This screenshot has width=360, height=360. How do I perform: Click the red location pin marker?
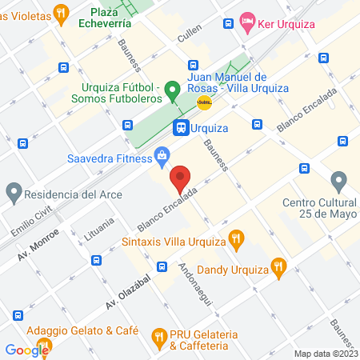pyautogui.click(x=181, y=178)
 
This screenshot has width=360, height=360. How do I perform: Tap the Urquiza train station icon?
pyautogui.click(x=181, y=127)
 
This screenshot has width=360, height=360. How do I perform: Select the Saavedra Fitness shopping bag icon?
pyautogui.click(x=162, y=154)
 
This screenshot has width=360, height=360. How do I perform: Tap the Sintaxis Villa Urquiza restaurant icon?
pyautogui.click(x=235, y=238)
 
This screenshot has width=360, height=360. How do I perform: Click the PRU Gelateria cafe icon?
pyautogui.click(x=158, y=334)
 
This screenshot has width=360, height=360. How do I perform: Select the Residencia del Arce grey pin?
pyautogui.click(x=14, y=193)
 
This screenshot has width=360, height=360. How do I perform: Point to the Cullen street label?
pyautogui.click(x=190, y=34)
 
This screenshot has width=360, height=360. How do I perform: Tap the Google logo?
pyautogui.click(x=26, y=349)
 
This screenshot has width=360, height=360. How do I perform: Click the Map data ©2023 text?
pyautogui.click(x=325, y=353)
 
